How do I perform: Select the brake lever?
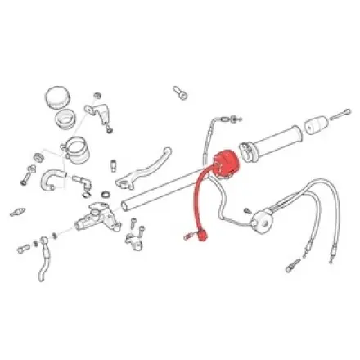click(147, 165)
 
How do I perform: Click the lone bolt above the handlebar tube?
click(180, 92)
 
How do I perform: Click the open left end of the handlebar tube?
click(123, 205)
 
